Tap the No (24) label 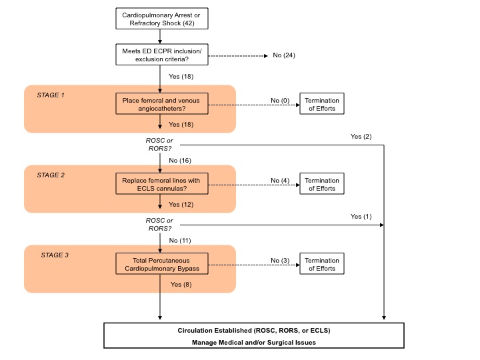pos(284,55)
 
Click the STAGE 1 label pos(51,95)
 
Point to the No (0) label pos(280,100)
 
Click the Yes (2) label pos(361,137)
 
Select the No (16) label pos(180,161)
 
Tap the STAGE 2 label pos(51,175)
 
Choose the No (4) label pos(280,180)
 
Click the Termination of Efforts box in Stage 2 pos(322,184)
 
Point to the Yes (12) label pos(181,204)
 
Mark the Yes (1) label pos(361,217)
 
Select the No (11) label pos(180,240)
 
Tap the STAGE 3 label pos(55,255)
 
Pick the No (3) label pos(280,260)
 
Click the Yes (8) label pos(181,284)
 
